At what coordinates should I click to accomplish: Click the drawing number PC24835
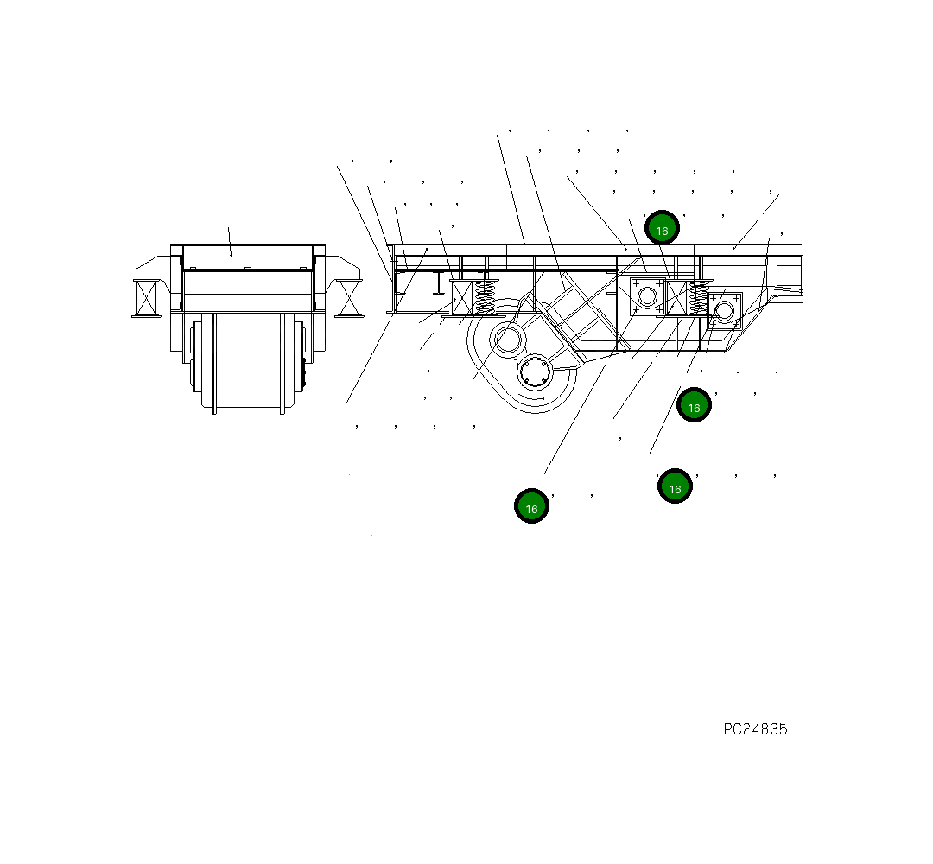click(755, 729)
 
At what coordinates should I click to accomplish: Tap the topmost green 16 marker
click(662, 228)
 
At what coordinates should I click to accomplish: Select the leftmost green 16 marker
click(531, 506)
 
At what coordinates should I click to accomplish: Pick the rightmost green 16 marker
click(694, 405)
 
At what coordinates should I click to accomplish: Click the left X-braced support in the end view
click(147, 297)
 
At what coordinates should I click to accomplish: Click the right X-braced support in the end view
click(349, 297)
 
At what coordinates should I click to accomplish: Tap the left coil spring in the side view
click(486, 297)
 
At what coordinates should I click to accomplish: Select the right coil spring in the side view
click(698, 299)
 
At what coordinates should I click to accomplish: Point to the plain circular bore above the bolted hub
click(506, 340)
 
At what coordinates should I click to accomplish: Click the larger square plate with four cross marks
click(646, 296)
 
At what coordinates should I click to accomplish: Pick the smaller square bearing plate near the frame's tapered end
click(724, 310)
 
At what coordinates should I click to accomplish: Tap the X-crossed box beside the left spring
click(462, 298)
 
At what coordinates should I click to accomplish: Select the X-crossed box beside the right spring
click(676, 296)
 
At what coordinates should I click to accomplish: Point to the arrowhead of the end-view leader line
click(231, 254)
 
